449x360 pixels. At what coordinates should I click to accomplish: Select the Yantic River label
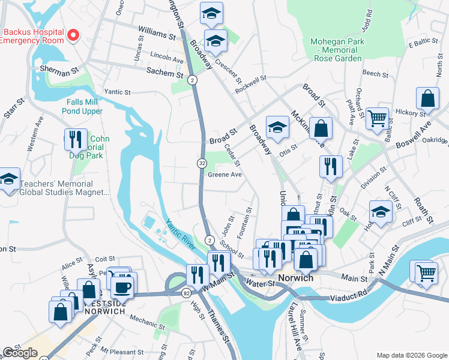pos(180,233)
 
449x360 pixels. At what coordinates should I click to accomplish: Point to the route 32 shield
pos(202,163)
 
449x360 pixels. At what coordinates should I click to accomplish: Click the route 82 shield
pos(186,292)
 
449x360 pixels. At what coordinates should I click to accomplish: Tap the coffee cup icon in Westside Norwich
pos(123,287)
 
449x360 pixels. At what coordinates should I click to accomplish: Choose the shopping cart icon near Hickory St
pos(376,118)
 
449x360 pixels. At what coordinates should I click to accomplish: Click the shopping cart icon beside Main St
pos(426,272)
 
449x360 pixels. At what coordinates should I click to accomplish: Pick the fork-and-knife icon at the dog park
pos(75,139)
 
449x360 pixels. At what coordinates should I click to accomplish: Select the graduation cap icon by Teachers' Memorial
pos(9,179)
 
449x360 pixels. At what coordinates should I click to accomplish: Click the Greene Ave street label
pos(224,175)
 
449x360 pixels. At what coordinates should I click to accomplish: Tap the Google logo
pos(20,353)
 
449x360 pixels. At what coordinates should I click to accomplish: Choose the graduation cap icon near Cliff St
pos(381,211)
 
